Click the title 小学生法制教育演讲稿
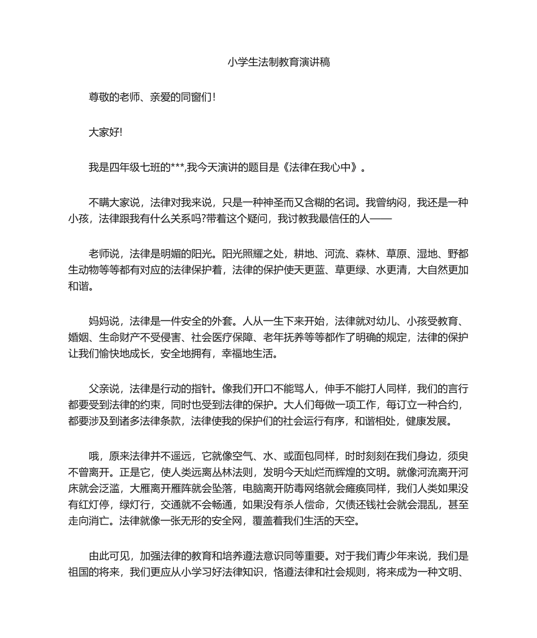pos(279,62)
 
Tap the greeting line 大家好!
pos(105,132)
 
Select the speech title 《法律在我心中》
pos(322,167)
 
